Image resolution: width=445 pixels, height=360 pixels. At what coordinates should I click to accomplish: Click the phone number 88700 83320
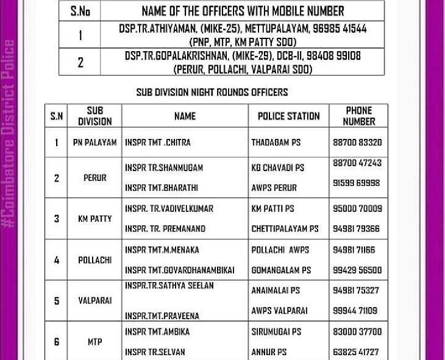click(x=357, y=143)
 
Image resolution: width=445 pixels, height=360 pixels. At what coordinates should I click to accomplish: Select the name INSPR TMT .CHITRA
click(x=158, y=143)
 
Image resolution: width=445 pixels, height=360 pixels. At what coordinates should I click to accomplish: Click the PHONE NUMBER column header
click(x=358, y=116)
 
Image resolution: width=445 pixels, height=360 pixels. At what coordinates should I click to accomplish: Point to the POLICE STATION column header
click(x=288, y=116)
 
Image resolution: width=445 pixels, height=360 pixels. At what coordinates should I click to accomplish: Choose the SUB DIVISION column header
click(x=94, y=116)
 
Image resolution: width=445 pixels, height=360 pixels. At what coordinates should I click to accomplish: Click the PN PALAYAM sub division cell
click(x=94, y=143)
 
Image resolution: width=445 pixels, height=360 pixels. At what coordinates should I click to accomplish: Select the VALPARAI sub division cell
click(x=94, y=301)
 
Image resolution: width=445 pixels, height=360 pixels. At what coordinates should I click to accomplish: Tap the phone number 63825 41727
click(x=357, y=352)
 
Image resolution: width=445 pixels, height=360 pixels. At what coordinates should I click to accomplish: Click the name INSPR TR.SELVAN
click(x=155, y=352)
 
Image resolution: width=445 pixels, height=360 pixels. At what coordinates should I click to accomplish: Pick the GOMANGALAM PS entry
click(x=281, y=270)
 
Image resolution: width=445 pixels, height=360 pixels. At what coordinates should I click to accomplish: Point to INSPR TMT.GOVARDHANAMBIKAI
click(x=179, y=270)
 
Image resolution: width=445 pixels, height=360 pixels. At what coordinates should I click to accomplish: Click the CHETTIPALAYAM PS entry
click(x=285, y=229)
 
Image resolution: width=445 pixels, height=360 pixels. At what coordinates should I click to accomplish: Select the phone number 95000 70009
click(x=357, y=208)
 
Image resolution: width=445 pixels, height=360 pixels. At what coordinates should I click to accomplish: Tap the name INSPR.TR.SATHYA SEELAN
click(x=169, y=286)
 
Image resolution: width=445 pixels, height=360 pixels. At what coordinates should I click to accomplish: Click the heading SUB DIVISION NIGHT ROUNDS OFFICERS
click(x=212, y=93)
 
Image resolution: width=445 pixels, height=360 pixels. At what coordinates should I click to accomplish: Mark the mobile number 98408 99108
click(x=335, y=56)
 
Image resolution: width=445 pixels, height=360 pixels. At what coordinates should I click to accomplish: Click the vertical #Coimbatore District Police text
click(x=9, y=134)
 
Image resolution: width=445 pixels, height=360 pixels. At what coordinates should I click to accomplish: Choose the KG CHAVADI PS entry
click(x=277, y=168)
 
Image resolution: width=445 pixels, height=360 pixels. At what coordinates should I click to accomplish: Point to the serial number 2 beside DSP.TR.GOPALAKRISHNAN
click(x=80, y=62)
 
